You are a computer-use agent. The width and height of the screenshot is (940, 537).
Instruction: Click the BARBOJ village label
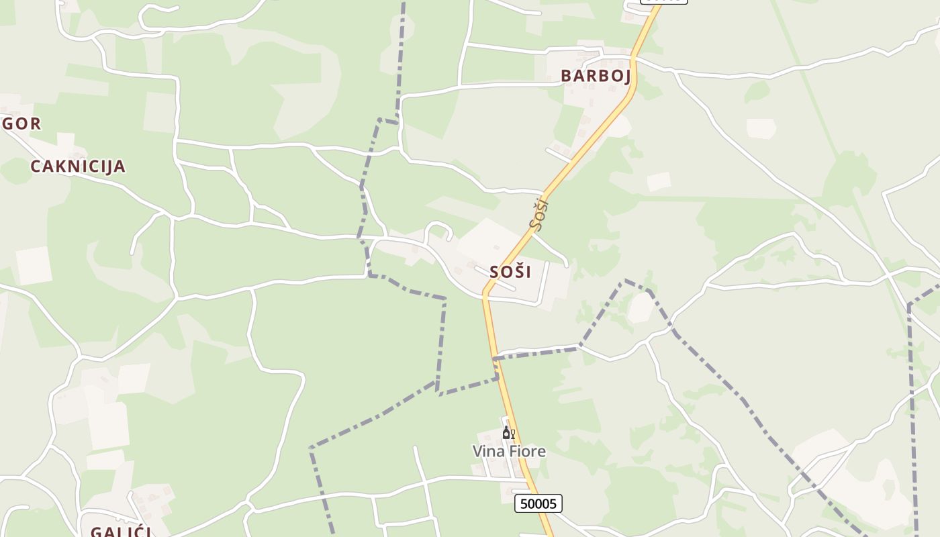click(x=596, y=76)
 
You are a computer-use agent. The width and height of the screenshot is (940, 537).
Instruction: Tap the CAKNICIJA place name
click(x=78, y=166)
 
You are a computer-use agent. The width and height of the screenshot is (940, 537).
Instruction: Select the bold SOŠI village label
click(x=510, y=272)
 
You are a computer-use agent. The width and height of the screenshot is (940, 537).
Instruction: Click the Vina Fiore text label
click(x=509, y=452)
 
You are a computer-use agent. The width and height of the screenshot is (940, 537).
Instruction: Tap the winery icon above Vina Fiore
click(x=508, y=433)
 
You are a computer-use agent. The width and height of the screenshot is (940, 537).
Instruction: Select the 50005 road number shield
click(x=538, y=503)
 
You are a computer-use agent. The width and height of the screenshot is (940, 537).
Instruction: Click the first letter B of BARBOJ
click(x=566, y=76)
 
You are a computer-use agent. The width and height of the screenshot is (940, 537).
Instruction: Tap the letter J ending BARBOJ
click(x=626, y=76)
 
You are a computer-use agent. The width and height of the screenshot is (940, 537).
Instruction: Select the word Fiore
click(x=527, y=452)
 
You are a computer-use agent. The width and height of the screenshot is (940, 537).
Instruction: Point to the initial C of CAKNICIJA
click(x=36, y=166)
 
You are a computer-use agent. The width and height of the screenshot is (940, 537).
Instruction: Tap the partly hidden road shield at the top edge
click(x=664, y=1)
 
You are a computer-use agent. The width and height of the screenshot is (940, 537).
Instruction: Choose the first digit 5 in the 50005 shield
click(x=523, y=503)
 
